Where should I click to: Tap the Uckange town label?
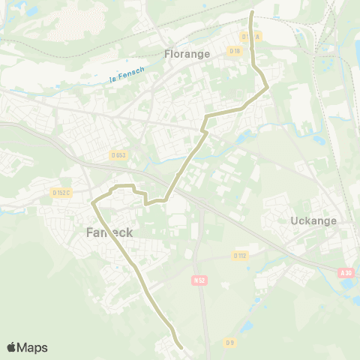313,221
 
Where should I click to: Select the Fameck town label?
104,232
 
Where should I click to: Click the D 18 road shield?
235,51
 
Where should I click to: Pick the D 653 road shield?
118,155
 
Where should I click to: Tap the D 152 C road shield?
61,193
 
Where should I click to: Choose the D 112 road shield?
239,255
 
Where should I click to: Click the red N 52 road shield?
199,280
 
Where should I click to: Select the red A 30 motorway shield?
345,273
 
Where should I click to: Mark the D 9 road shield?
230,343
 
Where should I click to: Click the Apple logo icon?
11,347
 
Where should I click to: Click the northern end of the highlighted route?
251,13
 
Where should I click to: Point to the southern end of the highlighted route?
182,347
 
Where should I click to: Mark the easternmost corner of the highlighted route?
268,88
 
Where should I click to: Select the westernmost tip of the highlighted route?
92,202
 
